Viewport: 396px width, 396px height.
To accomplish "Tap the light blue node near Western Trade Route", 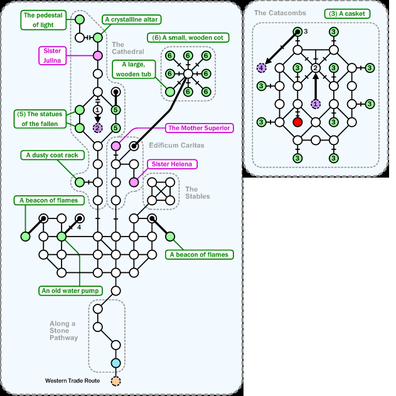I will pos(115,363).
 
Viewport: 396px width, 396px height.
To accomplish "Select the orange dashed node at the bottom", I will pos(115,381).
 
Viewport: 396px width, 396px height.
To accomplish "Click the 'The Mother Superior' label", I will pos(200,128).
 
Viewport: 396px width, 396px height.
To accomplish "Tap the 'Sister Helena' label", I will pos(172,164).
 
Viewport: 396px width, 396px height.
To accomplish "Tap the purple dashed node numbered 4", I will pos(262,68).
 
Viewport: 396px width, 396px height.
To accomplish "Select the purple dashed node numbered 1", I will pos(316,104).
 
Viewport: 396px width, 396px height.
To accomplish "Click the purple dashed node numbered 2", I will pos(97,128).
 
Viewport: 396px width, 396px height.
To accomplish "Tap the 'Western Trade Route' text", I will pos(73,381).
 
